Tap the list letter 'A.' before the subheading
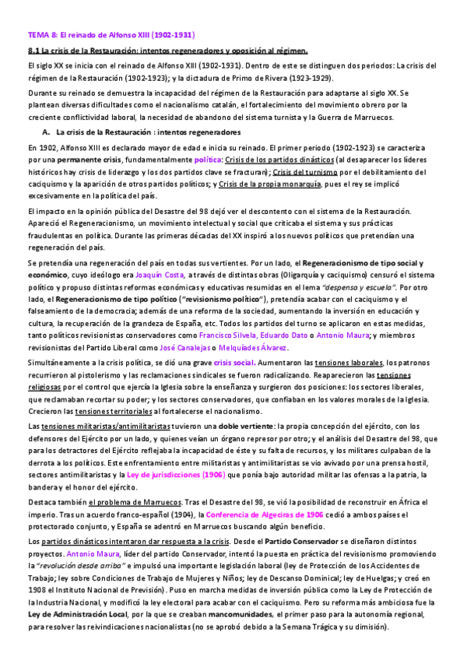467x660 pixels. click(x=47, y=132)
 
